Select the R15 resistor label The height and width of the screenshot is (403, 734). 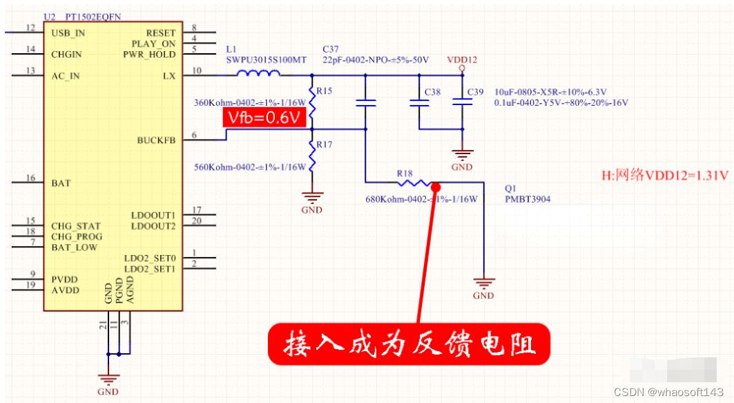click(324, 91)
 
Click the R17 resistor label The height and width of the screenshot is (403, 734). click(324, 144)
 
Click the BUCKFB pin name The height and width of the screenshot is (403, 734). click(156, 140)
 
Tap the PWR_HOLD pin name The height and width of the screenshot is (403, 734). click(149, 54)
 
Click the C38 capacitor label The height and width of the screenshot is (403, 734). click(432, 92)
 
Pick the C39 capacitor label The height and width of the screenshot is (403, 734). click(476, 92)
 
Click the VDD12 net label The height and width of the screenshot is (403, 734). click(462, 60)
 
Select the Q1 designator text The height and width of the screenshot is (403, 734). click(510, 188)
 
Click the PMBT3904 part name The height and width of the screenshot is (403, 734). click(528, 199)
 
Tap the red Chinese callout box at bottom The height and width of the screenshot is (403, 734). click(409, 344)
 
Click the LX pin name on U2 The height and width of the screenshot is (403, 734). click(168, 75)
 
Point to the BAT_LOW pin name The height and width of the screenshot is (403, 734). click(74, 247)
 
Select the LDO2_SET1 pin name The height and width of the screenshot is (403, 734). click(150, 269)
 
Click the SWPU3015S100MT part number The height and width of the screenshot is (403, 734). click(266, 60)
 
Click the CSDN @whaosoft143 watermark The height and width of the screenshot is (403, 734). click(668, 392)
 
